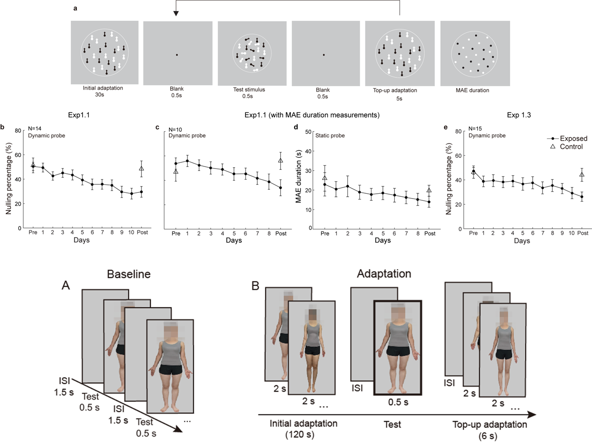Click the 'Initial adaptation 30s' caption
(x=103, y=91)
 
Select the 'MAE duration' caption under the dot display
(x=472, y=90)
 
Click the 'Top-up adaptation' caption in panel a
(x=395, y=90)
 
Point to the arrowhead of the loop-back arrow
(x=176, y=13)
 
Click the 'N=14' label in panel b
(x=34, y=129)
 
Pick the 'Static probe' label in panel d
(x=330, y=135)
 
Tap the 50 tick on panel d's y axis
(x=309, y=132)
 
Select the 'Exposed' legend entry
(x=573, y=138)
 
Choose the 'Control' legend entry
(x=571, y=146)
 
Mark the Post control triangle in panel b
(x=141, y=168)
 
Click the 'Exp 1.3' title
(x=519, y=115)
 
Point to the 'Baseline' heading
(x=129, y=274)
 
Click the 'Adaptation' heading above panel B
(x=384, y=274)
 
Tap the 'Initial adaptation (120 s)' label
(x=303, y=429)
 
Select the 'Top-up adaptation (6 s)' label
(x=489, y=430)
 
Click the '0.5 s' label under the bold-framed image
(x=398, y=402)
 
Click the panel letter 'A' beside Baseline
(x=66, y=285)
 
